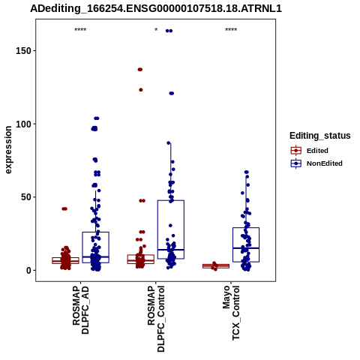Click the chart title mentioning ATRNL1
[156, 9]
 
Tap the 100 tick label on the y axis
[23, 124]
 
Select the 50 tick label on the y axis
[25, 197]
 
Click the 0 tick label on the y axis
[28, 271]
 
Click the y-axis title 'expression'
[8, 150]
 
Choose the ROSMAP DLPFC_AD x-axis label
[80, 310]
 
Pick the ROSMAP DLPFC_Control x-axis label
[156, 319]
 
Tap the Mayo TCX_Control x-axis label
[231, 313]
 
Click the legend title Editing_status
[320, 136]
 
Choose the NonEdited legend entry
[316, 163]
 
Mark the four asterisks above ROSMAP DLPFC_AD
[80, 30]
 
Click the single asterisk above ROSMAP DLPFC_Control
[156, 30]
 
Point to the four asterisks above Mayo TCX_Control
[231, 30]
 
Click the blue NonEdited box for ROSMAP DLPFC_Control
[171, 200]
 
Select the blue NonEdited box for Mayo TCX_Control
[246, 228]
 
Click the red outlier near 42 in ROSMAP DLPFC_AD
[64, 209]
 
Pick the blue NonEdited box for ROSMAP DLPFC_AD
[96, 232]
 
